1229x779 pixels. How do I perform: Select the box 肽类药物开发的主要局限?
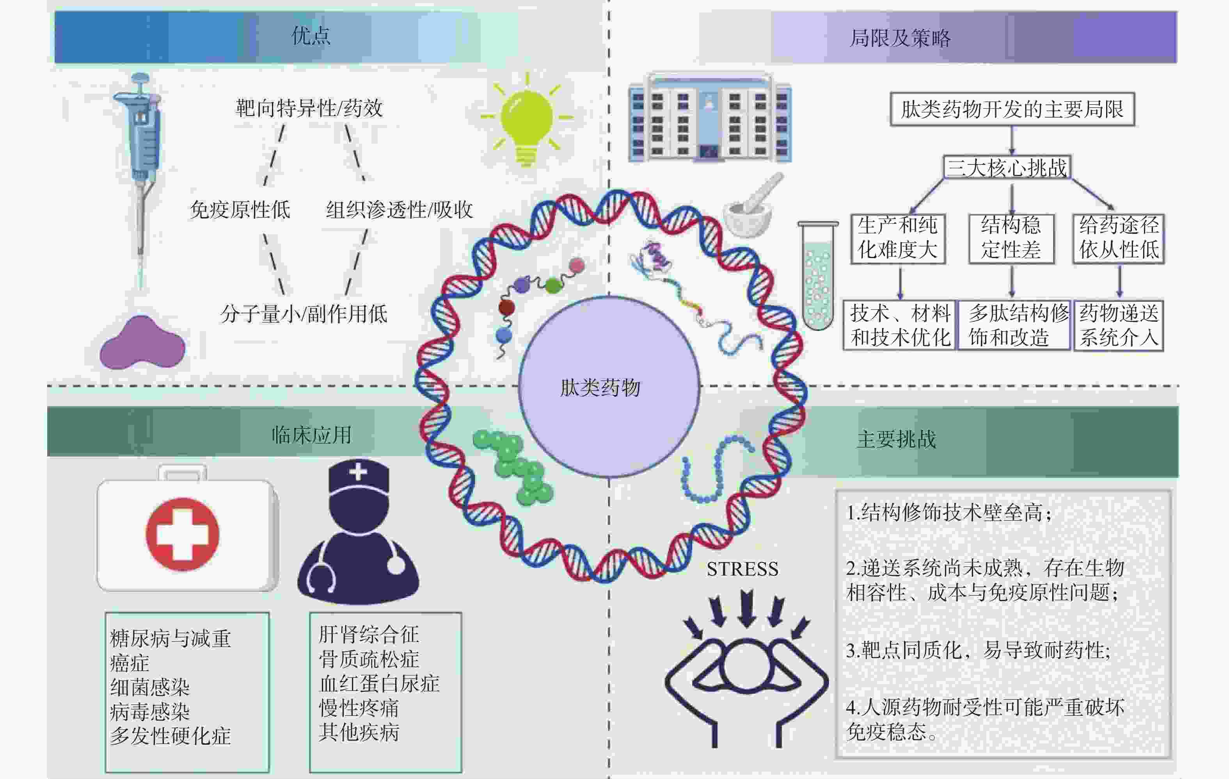pyautogui.click(x=1012, y=109)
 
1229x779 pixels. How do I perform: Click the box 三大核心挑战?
pyautogui.click(x=1007, y=168)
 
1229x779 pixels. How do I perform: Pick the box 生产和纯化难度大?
pyautogui.click(x=898, y=238)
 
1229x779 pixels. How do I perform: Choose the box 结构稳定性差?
pyautogui.click(x=1011, y=238)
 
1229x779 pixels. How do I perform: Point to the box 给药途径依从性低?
pyautogui.click(x=1118, y=238)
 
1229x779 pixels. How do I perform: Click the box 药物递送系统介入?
pyautogui.click(x=1118, y=325)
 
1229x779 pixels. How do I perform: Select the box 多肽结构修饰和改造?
pyautogui.click(x=1014, y=325)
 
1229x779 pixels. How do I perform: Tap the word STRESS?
pyautogui.click(x=742, y=569)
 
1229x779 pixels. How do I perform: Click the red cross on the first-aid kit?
pyautogui.click(x=182, y=534)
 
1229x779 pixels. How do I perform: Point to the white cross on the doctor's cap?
pyautogui.click(x=358, y=471)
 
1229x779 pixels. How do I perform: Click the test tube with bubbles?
pyautogui.click(x=818, y=276)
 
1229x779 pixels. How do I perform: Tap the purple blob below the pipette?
pyautogui.click(x=142, y=344)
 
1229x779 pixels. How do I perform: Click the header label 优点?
pyautogui.click(x=311, y=36)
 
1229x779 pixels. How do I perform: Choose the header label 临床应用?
pyautogui.click(x=311, y=435)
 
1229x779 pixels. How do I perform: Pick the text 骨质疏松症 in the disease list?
pyautogui.click(x=368, y=659)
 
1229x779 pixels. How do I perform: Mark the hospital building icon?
pyautogui.click(x=709, y=119)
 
